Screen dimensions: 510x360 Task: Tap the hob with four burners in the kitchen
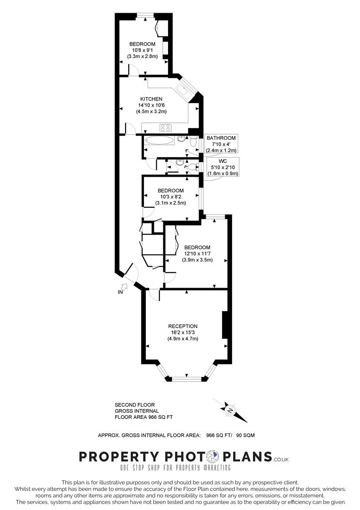pyautogui.click(x=166, y=127)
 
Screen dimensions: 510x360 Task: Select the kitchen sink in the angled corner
pyautogui.click(x=182, y=90)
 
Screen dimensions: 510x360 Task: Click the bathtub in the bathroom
pyautogui.click(x=159, y=140)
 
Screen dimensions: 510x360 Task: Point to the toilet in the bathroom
pyautogui.click(x=193, y=141)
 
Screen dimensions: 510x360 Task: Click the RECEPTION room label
pyautogui.click(x=183, y=326)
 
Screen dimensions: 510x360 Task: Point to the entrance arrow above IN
pyautogui.click(x=125, y=286)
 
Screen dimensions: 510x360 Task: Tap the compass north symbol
pyautogui.click(x=230, y=410)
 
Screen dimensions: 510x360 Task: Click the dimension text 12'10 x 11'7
pyautogui.click(x=198, y=254)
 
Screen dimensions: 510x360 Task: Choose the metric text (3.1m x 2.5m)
pyautogui.click(x=170, y=203)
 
